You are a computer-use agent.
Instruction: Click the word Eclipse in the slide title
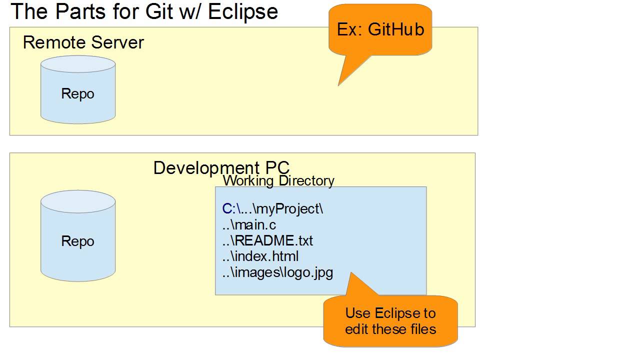pyautogui.click(x=243, y=11)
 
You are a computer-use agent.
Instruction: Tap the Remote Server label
pyautogui.click(x=83, y=42)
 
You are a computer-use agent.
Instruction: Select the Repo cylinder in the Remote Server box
pyautogui.click(x=78, y=90)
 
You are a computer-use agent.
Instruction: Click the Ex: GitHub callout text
pyautogui.click(x=380, y=29)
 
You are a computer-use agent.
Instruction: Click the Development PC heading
pyautogui.click(x=221, y=167)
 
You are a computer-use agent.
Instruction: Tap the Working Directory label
pyautogui.click(x=278, y=180)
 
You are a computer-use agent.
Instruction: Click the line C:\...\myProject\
pyautogui.click(x=273, y=208)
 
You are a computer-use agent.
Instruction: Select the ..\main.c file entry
pyautogui.click(x=249, y=224)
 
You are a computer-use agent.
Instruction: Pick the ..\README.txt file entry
pyautogui.click(x=267, y=240)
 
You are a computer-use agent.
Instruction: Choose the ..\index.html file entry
pyautogui.click(x=260, y=256)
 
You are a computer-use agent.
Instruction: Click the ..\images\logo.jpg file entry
pyautogui.click(x=277, y=273)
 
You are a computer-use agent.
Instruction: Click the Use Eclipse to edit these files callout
pyautogui.click(x=390, y=321)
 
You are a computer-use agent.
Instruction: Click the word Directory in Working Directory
pyautogui.click(x=306, y=180)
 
